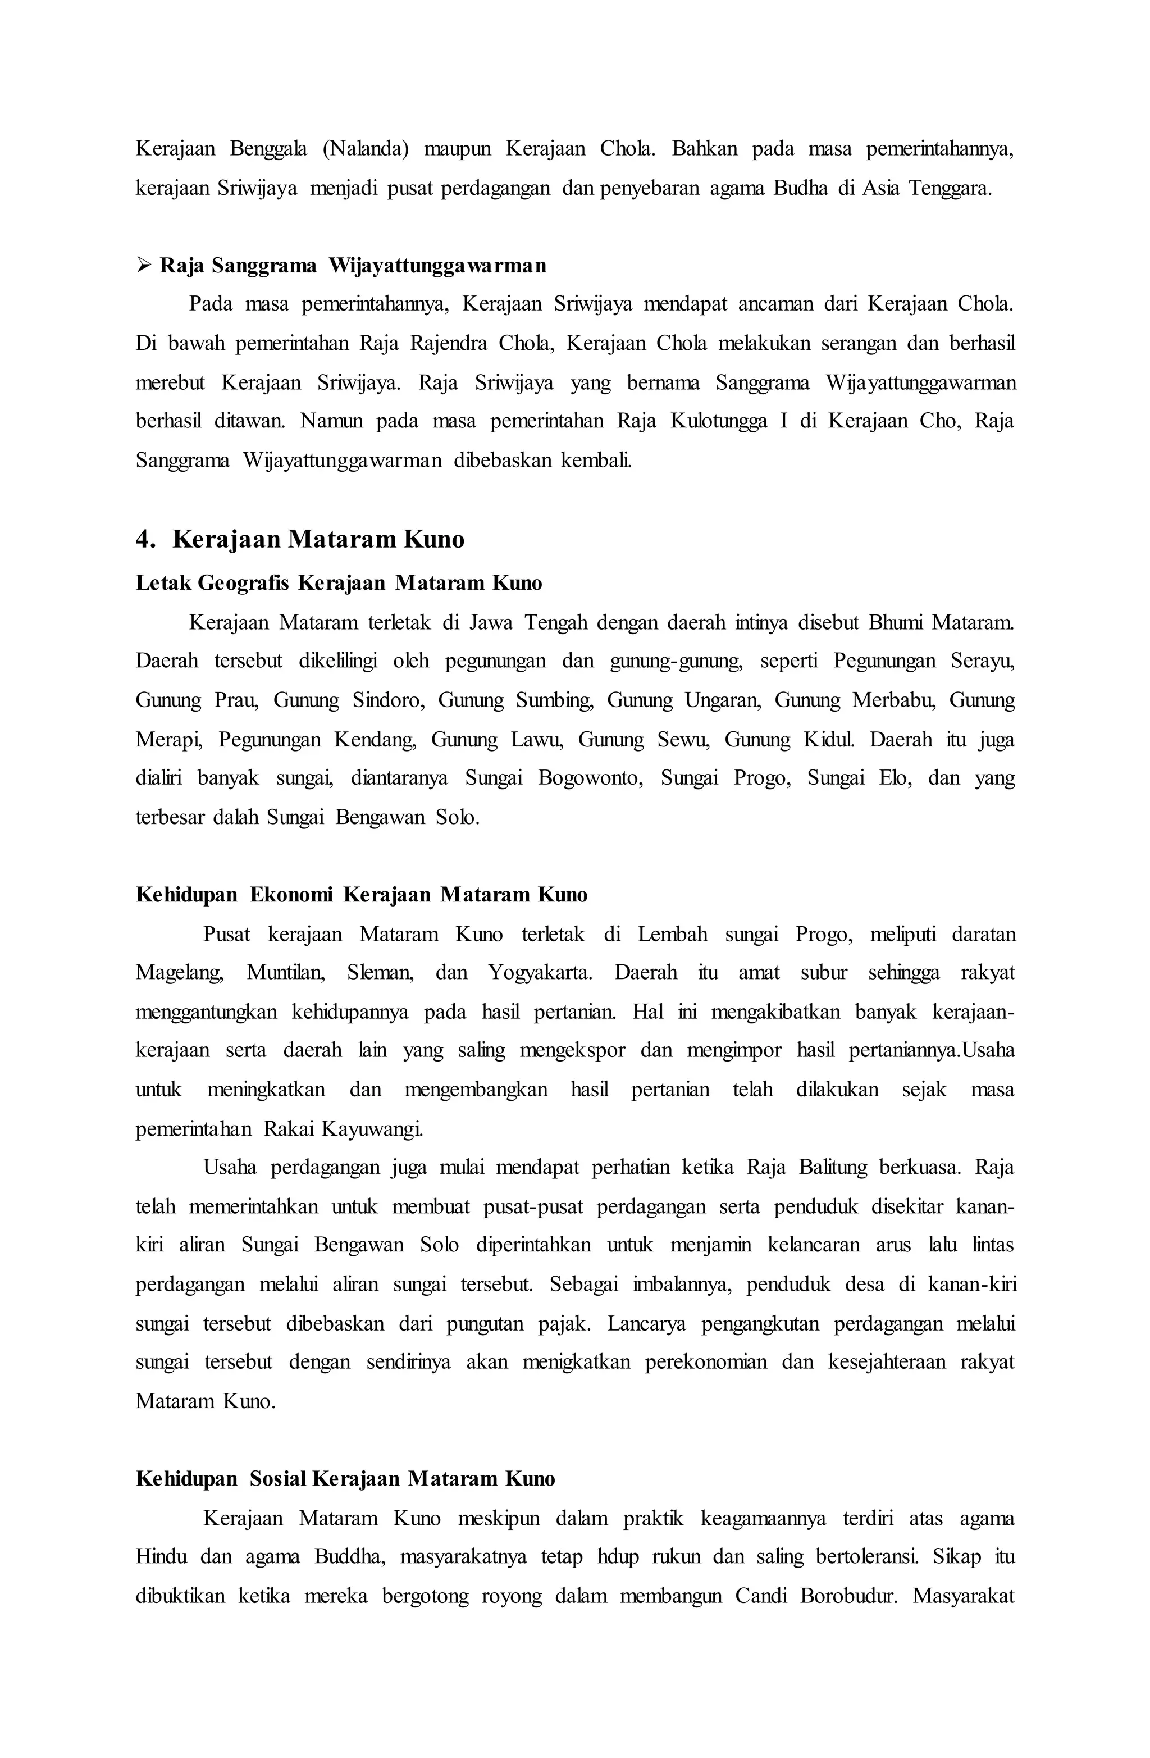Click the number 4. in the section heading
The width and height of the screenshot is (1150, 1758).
(x=145, y=540)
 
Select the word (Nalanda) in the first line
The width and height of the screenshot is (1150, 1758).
(x=365, y=149)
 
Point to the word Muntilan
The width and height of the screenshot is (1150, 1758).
(x=286, y=973)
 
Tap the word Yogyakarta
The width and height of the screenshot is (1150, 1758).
(x=539, y=973)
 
